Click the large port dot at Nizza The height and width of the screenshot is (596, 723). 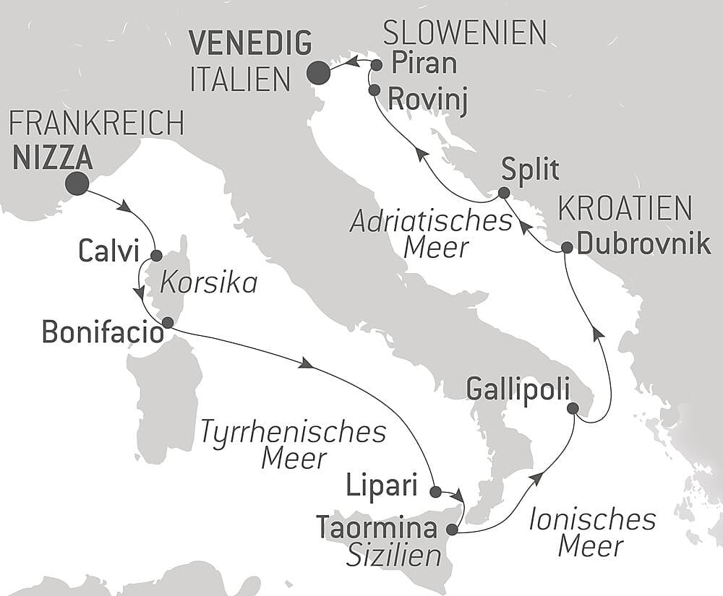77,183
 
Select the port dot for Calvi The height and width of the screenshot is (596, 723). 156,255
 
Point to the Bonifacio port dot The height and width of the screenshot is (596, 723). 167,322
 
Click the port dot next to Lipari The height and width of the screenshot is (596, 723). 435,492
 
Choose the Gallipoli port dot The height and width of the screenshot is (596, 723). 573,408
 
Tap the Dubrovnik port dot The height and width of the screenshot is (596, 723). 567,248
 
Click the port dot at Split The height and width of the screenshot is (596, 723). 504,193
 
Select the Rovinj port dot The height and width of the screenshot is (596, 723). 374,90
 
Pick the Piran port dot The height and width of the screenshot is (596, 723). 376,65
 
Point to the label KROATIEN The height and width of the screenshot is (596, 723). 625,210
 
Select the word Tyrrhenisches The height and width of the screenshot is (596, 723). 293,432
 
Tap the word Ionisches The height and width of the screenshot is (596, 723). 591,519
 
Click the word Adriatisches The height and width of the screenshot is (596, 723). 432,221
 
